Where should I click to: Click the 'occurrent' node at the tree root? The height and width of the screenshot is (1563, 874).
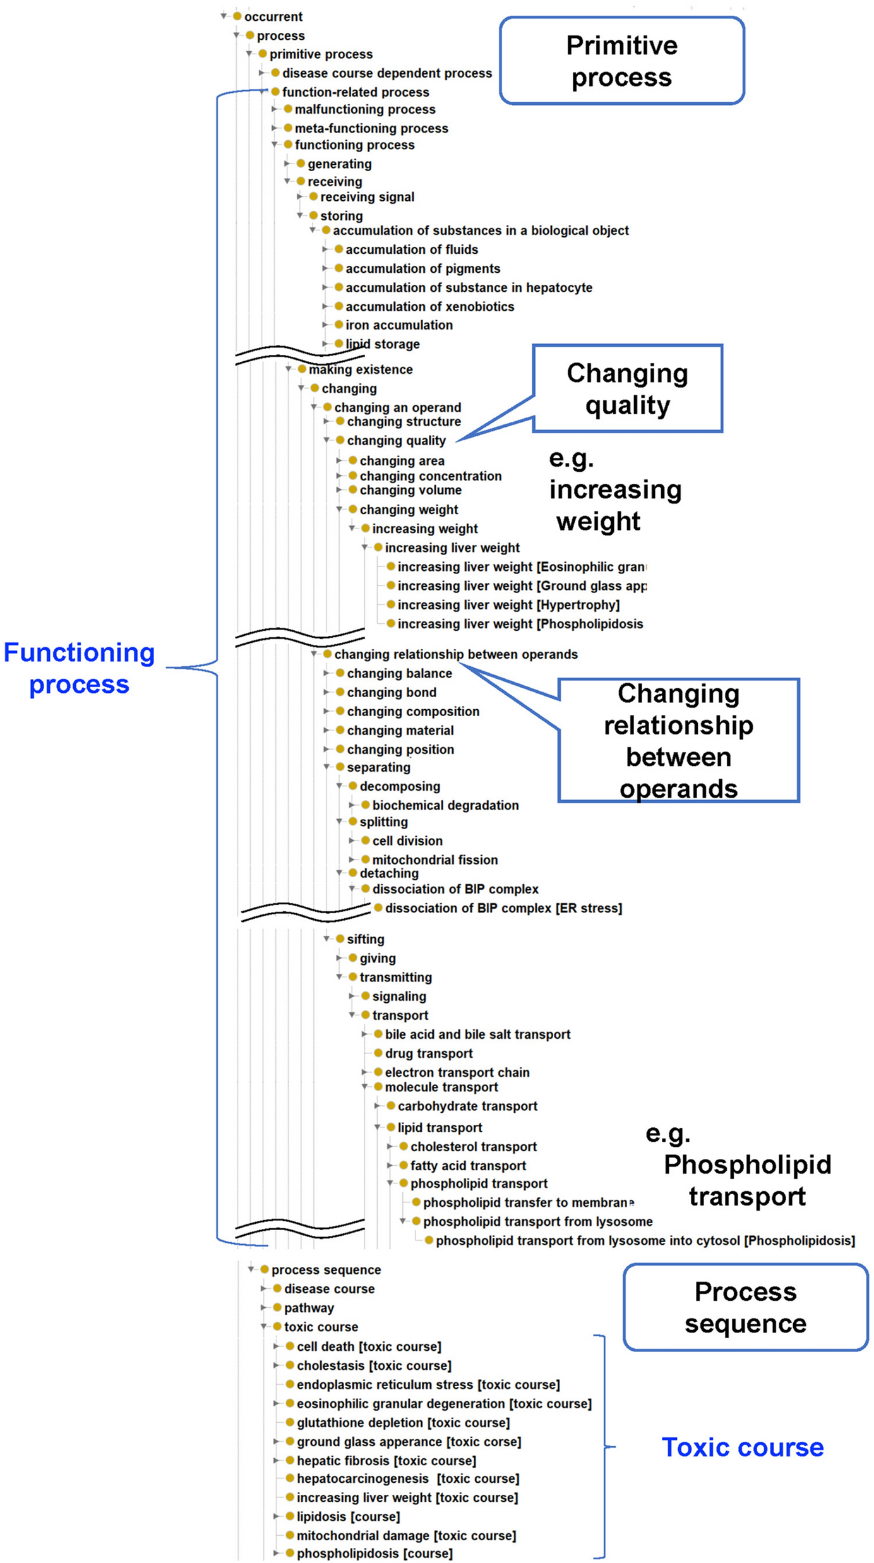pos(273,16)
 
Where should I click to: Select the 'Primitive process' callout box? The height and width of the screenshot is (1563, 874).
pos(621,61)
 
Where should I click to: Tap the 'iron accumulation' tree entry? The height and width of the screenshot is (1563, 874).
pos(398,325)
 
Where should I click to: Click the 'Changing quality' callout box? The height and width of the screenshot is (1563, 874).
pos(627,388)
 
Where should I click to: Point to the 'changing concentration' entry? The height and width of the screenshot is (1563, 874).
pos(430,476)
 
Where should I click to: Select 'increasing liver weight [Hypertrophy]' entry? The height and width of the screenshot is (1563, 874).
pos(508,605)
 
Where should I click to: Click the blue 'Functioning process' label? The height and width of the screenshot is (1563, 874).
pos(80,668)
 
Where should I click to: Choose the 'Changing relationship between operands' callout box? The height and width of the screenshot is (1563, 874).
pos(678,741)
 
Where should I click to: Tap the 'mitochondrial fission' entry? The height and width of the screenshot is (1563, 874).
pos(434,860)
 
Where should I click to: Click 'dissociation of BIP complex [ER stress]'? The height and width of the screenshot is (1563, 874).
pos(503,908)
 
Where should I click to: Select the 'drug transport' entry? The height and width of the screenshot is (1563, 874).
pos(429,1053)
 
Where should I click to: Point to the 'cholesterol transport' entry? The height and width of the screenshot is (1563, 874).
pos(474,1147)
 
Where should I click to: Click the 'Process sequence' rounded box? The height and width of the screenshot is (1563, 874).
pos(745,1307)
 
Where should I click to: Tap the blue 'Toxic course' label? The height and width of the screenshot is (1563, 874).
pos(743,1447)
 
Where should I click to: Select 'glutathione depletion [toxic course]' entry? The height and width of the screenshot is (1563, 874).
pos(403,1423)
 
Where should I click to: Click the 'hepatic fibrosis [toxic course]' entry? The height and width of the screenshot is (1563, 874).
pos(386,1461)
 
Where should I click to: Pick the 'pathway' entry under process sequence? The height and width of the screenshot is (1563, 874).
pos(309,1308)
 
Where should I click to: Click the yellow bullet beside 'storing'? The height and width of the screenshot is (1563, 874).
pos(313,215)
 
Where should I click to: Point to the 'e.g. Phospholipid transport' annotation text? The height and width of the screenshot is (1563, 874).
pos(739,1165)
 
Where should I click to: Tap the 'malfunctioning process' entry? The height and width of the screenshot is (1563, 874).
pos(365,109)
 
